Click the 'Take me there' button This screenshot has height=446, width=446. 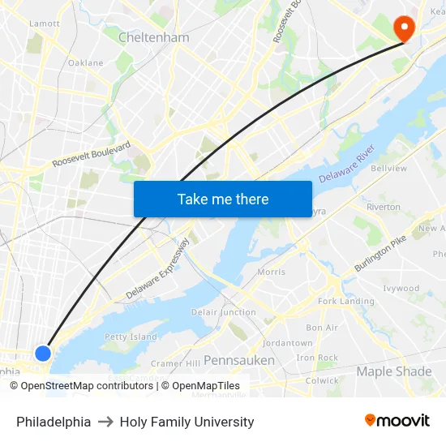pos(223,199)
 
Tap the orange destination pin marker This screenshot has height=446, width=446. pos(403,28)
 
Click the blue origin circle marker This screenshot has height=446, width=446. pos(43,353)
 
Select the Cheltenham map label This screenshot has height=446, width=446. pos(153,37)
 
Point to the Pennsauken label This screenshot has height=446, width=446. pos(238,359)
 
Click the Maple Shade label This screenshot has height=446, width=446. pos(394,371)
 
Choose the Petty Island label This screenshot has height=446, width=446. pos(131,337)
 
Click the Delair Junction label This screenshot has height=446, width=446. pos(223,312)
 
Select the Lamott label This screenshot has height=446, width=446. pos(44,24)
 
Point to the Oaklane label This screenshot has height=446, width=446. pos(85,62)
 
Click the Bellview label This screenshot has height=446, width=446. pos(388,169)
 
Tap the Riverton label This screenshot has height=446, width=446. pos(383,207)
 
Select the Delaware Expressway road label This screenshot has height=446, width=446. pos(157,268)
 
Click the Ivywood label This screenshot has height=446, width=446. pos(401,288)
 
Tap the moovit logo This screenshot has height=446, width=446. pos(397,421)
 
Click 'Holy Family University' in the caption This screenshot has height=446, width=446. pos(187,422)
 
